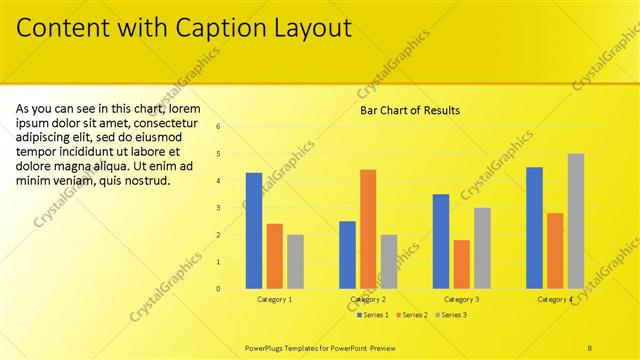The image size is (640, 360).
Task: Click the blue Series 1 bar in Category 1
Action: click(254, 231)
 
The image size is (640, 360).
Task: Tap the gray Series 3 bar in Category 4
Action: click(576, 221)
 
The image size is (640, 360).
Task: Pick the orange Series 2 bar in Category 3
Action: click(461, 264)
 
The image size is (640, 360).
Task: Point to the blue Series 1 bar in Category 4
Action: click(534, 228)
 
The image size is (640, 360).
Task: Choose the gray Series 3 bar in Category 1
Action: click(295, 262)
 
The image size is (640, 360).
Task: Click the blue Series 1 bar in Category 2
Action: click(347, 255)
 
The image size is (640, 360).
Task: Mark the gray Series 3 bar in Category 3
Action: click(482, 248)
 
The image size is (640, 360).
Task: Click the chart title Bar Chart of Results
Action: click(410, 110)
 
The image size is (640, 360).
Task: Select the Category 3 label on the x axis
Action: click(461, 300)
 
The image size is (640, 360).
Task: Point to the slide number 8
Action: click(591, 347)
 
